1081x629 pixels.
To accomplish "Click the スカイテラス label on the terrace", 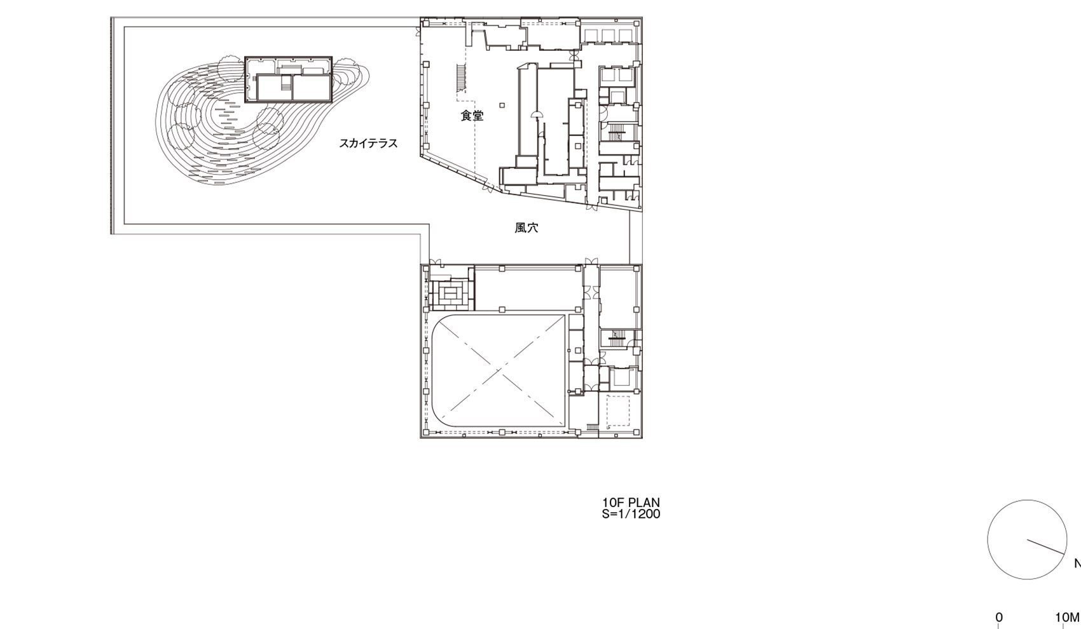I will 368,144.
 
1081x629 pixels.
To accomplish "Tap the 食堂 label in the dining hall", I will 472,116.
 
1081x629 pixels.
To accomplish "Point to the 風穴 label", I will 526,227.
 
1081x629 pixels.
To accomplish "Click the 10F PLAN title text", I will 631,503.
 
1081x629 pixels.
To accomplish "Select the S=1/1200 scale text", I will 631,514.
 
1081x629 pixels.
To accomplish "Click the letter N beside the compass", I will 1077,564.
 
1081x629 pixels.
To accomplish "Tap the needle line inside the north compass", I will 1046,547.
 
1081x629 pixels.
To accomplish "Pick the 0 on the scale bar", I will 999,617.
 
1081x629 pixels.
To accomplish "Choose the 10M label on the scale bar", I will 1067,617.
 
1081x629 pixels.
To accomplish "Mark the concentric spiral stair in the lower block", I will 451,294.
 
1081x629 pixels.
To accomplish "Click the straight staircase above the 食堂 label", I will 461,77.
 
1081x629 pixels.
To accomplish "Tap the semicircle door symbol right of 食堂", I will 536,113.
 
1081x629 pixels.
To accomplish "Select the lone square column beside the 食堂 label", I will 502,105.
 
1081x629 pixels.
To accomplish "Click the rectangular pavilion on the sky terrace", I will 289,79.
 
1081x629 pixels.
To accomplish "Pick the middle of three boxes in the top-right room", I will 608,34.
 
